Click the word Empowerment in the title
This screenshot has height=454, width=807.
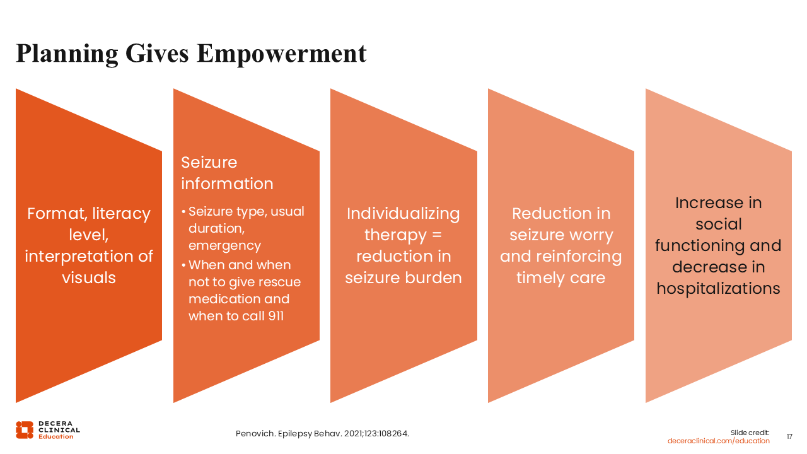[282, 54]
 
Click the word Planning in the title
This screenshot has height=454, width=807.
[67, 54]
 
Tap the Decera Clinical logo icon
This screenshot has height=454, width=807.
[25, 430]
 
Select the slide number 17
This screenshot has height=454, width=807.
[789, 436]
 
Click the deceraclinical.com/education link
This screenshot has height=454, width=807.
[718, 441]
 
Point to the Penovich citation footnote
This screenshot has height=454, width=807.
[322, 433]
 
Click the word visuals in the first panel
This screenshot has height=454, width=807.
[89, 277]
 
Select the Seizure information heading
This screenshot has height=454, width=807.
[227, 173]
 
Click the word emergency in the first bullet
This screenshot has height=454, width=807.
[224, 246]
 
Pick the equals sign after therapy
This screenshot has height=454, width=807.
[437, 235]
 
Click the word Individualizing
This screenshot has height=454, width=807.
[403, 214]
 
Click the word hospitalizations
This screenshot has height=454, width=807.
[718, 289]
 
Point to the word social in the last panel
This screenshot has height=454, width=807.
[718, 224]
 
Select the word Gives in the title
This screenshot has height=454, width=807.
[157, 54]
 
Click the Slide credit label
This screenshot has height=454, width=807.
[750, 433]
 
